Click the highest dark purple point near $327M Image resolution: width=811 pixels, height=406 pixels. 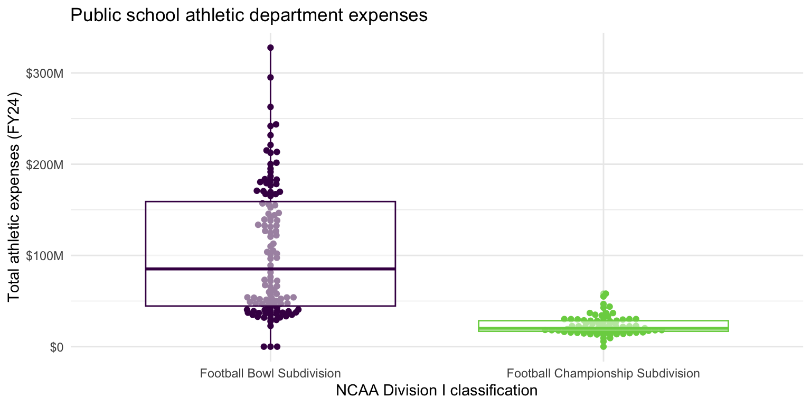[x=270, y=48]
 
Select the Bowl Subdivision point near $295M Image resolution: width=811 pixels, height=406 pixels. [x=270, y=77]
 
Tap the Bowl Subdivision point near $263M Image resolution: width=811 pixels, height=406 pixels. [x=270, y=107]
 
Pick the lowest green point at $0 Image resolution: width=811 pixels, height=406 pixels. [x=603, y=346]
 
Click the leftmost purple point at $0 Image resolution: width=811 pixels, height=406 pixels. [x=264, y=346]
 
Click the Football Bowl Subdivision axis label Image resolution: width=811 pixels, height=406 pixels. [x=270, y=374]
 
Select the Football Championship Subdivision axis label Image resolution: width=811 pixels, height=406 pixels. [x=603, y=374]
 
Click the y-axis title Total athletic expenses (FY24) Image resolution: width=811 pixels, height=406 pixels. [x=14, y=198]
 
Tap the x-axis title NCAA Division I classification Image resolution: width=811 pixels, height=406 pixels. [x=437, y=391]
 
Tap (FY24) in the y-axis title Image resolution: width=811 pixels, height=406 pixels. [x=14, y=112]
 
